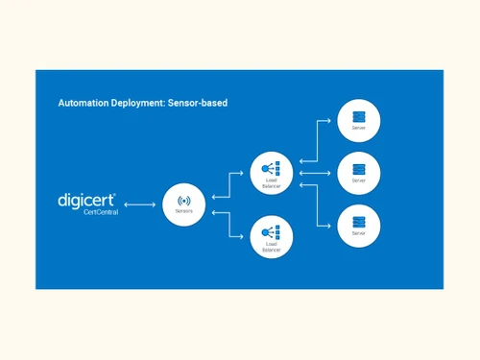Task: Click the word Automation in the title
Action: pos(82,102)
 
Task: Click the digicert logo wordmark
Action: pos(86,200)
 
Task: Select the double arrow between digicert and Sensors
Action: pos(139,204)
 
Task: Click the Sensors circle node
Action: pos(184,204)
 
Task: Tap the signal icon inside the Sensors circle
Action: pos(184,200)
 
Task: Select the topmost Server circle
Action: pos(359,120)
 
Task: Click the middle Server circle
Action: pos(359,173)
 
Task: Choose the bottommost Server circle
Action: pos(359,226)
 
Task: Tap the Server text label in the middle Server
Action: pos(359,180)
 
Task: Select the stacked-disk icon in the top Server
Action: pos(359,116)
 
